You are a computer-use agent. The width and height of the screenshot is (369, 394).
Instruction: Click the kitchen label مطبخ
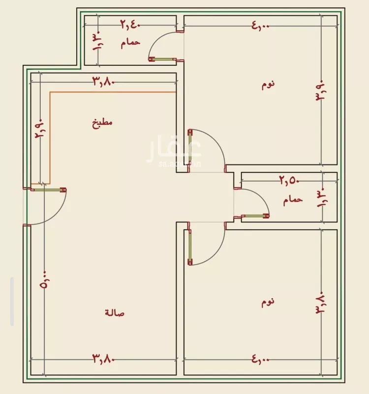pyautogui.click(x=102, y=123)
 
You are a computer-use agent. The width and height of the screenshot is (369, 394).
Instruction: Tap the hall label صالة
pyautogui.click(x=115, y=312)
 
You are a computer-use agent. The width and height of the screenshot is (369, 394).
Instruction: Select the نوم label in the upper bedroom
pyautogui.click(x=268, y=84)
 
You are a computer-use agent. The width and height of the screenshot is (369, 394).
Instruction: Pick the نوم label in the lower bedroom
pyautogui.click(x=268, y=302)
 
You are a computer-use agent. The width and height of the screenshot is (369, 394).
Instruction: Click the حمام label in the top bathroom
pyautogui.click(x=130, y=43)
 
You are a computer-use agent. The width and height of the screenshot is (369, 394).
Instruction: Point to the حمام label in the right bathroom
pyautogui.click(x=293, y=200)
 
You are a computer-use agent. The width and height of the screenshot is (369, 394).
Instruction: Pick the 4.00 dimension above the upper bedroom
pyautogui.click(x=260, y=26)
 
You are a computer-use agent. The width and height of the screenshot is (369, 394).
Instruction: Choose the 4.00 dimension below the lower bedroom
pyautogui.click(x=260, y=359)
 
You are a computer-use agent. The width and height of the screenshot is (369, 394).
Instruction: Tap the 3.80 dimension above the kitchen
pyautogui.click(x=104, y=81)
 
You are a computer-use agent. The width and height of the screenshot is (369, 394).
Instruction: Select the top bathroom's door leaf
pyautogui.click(x=162, y=59)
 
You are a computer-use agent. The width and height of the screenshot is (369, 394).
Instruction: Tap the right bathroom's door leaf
pyautogui.click(x=255, y=216)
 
